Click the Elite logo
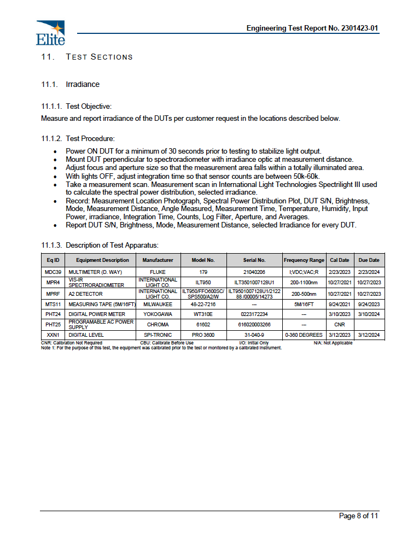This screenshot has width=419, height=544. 50,32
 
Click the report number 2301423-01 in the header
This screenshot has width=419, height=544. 358,28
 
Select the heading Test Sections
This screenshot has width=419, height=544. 99,57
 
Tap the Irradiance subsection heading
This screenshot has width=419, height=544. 83,84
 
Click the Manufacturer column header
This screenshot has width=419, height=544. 158,260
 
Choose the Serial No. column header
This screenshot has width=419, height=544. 254,260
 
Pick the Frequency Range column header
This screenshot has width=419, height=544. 304,260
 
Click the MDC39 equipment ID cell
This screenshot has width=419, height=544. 53,272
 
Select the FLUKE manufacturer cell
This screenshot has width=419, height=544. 158,272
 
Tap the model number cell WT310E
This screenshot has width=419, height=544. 203,314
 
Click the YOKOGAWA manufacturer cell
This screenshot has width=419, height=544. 158,314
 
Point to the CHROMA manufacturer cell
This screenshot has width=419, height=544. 158,325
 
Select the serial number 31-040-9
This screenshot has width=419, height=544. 254,335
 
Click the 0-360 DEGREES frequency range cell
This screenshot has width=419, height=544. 304,335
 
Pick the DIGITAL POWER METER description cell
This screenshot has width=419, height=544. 97,314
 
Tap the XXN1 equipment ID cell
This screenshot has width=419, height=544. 53,335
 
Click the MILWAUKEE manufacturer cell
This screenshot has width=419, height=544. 158,304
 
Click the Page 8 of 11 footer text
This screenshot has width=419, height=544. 358,516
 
